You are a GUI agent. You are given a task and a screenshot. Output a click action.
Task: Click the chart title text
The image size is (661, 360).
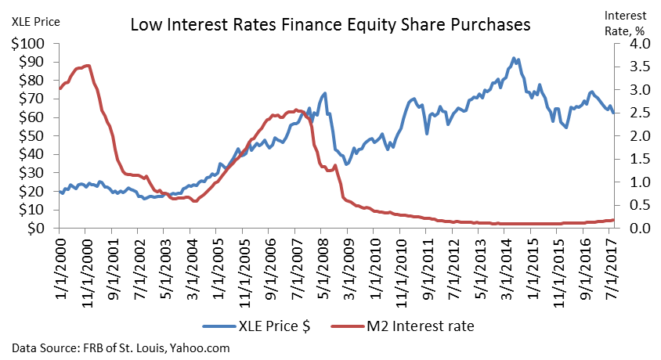coord(330,25)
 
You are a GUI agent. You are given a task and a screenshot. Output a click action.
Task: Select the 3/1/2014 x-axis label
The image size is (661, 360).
coord(506,267)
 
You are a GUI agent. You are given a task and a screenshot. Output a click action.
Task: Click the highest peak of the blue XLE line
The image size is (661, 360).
coord(513,58)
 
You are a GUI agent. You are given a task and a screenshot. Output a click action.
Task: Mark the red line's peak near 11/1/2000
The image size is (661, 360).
coord(87,66)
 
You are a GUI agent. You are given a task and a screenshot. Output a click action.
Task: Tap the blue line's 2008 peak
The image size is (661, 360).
coord(324,93)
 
